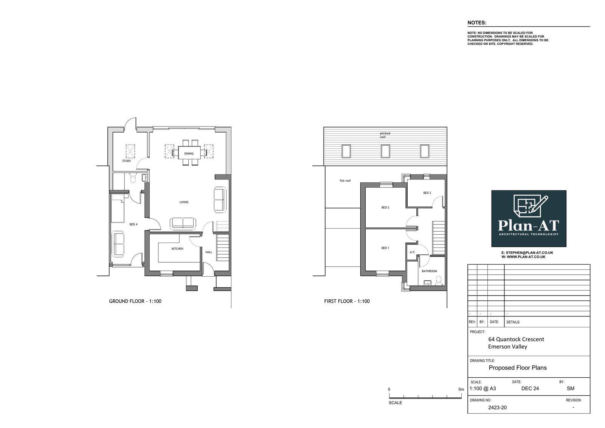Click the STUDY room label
pos(126,161)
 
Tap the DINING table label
pos(189,154)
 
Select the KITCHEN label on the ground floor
pos(177,249)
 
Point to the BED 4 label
pos(133,224)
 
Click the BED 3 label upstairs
pos(427,193)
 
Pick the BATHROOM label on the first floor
pos(430,271)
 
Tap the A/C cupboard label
pos(412,252)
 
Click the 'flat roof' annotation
pos(345,181)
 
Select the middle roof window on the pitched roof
pos(385,151)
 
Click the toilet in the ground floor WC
pos(133,178)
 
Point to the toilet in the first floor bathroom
pos(439,281)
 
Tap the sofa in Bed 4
pos(118,244)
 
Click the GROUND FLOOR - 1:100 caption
pos(135,301)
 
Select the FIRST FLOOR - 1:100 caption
pos(347,301)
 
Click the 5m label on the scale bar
pos(461,389)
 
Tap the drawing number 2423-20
pos(497,408)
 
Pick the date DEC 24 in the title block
pos(530,389)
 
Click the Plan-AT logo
pos(529,218)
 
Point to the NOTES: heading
pos(477,23)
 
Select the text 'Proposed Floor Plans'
pos(518,368)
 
